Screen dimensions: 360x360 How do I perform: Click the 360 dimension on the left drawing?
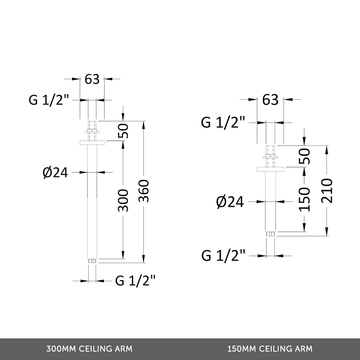click(x=144, y=195)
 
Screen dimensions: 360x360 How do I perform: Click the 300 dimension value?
click(x=123, y=200)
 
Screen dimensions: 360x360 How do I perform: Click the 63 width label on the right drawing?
click(x=270, y=100)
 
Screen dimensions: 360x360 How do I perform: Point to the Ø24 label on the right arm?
click(x=230, y=202)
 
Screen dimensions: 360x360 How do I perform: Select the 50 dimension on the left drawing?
click(x=123, y=131)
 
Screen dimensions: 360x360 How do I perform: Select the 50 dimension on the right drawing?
click(x=305, y=156)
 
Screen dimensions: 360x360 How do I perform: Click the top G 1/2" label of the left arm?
click(x=49, y=100)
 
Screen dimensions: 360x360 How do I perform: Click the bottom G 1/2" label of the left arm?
click(x=135, y=280)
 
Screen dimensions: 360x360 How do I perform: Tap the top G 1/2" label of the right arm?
click(x=223, y=122)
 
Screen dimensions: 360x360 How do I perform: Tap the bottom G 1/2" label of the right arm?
click(x=223, y=256)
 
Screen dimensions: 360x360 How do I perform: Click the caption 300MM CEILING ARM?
click(x=89, y=348)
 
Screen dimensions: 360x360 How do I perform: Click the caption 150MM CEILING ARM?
click(x=270, y=348)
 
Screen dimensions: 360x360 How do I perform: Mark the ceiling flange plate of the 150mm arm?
click(x=270, y=169)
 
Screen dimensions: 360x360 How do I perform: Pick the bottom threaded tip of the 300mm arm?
click(x=92, y=261)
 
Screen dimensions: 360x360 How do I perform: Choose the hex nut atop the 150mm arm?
click(x=270, y=157)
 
